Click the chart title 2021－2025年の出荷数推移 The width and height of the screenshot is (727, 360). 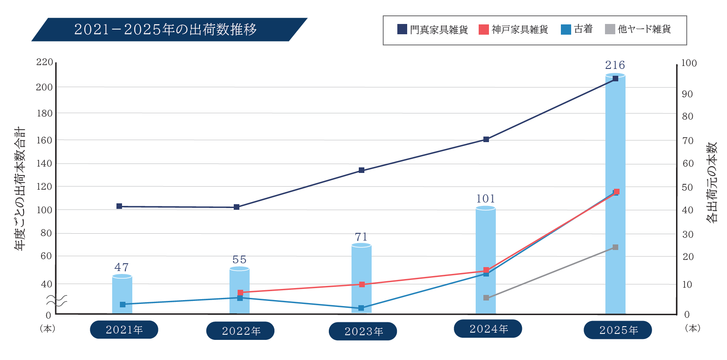pos(165,29)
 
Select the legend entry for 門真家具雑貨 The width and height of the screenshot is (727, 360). pos(433,29)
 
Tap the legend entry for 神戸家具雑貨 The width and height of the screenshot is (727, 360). pos(514,29)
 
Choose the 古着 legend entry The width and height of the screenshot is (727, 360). pos(577,29)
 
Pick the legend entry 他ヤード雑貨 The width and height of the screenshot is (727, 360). pos(638,29)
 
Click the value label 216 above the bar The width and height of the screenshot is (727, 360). pos(615,65)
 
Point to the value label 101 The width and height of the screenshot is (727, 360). pos(486,199)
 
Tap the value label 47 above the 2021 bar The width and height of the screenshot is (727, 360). pos(122,268)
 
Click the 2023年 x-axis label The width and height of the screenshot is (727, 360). pos(363,331)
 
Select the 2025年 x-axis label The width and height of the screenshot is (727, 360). pos(618,330)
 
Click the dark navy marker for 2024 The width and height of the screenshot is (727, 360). pos(486,139)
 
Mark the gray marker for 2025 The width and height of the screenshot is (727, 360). pos(615,247)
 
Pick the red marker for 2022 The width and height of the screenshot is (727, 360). pos(240,293)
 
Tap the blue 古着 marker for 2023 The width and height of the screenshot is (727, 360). pos(361,308)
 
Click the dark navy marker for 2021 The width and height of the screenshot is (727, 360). pos(119,206)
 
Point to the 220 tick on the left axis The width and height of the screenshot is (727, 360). pos(45,62)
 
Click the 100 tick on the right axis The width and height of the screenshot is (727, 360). pos(689,63)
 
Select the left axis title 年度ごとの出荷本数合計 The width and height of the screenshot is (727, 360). pos(20,189)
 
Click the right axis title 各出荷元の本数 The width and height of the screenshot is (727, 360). pos(711,182)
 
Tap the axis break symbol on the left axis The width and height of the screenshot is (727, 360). pos(57,300)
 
